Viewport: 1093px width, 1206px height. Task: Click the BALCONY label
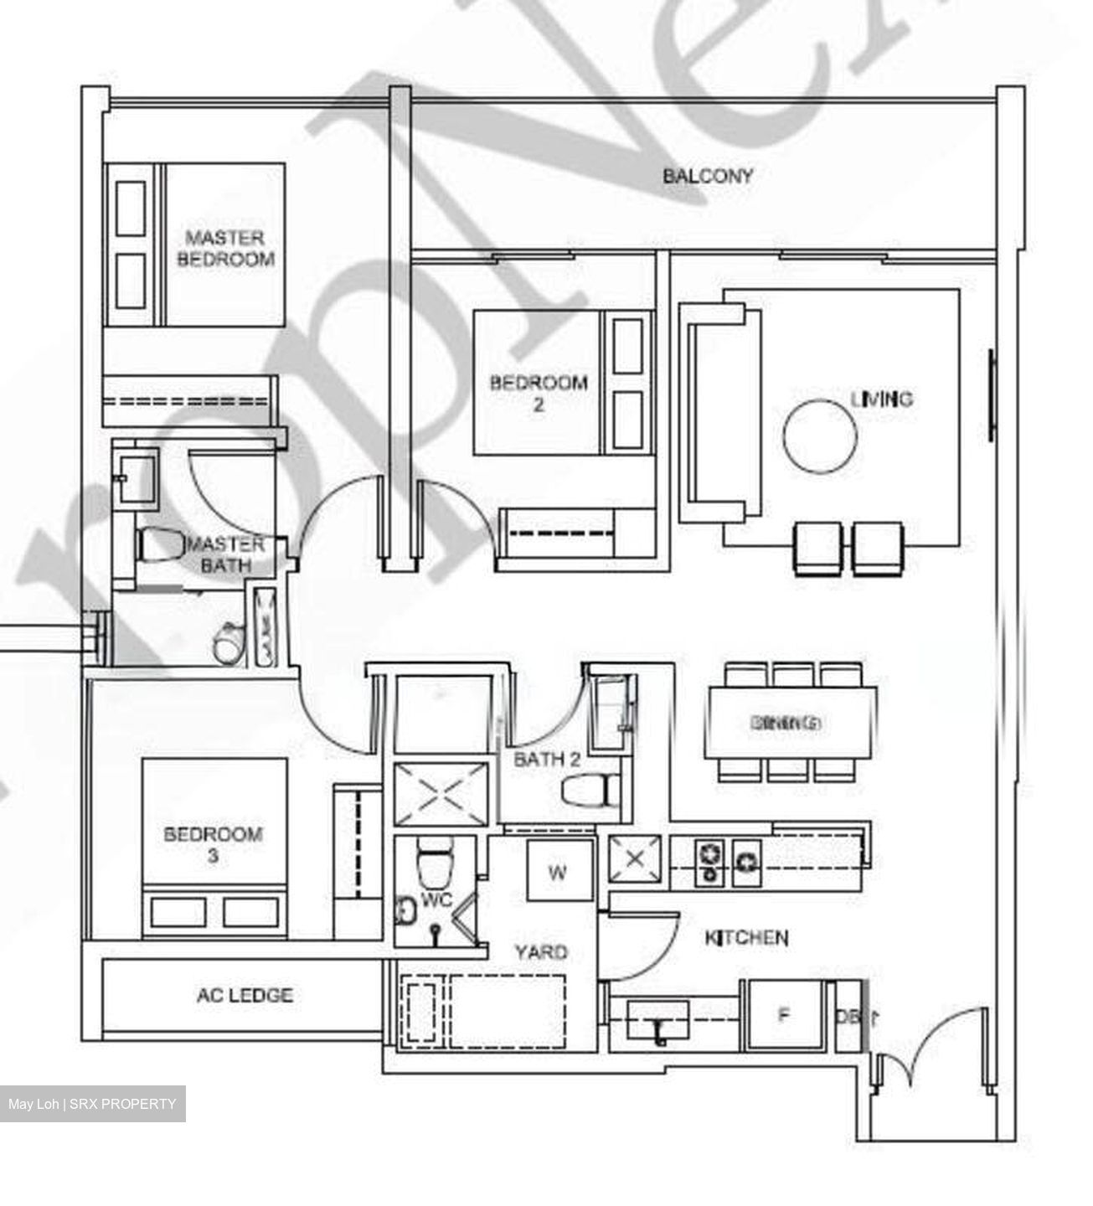pyautogui.click(x=708, y=176)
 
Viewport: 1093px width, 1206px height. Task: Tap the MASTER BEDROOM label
pyautogui.click(x=224, y=249)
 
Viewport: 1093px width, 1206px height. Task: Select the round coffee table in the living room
pyautogui.click(x=820, y=436)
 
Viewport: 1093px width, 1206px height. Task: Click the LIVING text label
pyautogui.click(x=881, y=399)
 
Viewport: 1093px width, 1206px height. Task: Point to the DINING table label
pyautogui.click(x=786, y=722)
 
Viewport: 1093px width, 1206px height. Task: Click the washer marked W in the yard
pyautogui.click(x=558, y=872)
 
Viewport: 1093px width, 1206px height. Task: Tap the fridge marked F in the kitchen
pyautogui.click(x=783, y=1015)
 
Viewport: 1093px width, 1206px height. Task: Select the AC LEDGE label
pyautogui.click(x=245, y=996)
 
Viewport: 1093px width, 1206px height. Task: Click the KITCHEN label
pyautogui.click(x=746, y=937)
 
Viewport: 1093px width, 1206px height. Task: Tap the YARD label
pyautogui.click(x=540, y=951)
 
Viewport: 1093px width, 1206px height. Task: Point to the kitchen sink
pyautogui.click(x=659, y=1023)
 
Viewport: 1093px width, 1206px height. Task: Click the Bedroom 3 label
pyautogui.click(x=213, y=844)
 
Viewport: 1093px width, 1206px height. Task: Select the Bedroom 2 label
pyautogui.click(x=539, y=393)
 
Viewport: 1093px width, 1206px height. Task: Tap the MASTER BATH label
pyautogui.click(x=224, y=554)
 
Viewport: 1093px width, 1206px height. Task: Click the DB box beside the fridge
pyautogui.click(x=848, y=1016)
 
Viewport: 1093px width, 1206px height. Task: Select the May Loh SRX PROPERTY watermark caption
pyautogui.click(x=92, y=1104)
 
